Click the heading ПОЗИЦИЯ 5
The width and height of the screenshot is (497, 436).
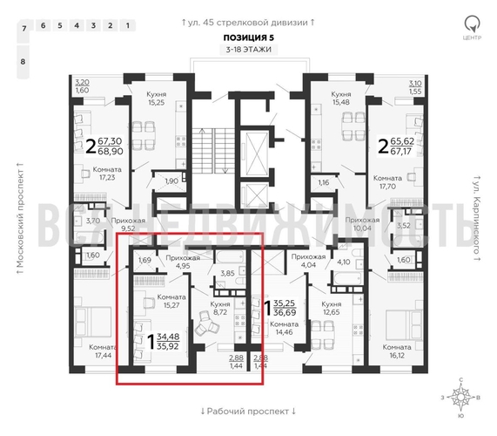click(x=248, y=38)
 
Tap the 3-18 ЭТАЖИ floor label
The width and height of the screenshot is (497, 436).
click(x=248, y=51)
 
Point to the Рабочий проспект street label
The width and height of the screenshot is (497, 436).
click(x=248, y=411)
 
